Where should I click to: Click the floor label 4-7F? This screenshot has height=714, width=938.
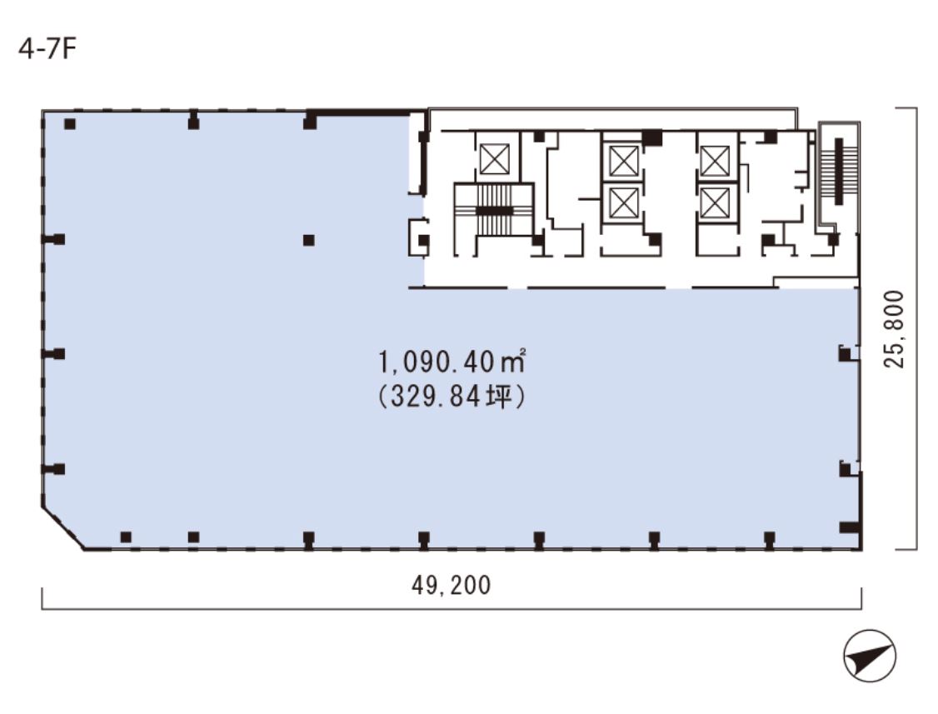pos(47,49)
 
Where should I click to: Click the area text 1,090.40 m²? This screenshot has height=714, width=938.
pos(452,362)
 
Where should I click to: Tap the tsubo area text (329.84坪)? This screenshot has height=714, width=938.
pos(452,397)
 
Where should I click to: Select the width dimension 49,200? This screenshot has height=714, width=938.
pos(451,585)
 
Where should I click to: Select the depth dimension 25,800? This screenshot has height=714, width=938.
pos(895,328)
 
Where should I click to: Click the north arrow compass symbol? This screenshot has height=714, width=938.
pos(869,656)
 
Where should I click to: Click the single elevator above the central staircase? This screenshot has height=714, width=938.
pos(495,159)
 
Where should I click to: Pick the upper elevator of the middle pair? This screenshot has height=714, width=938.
pos(622,161)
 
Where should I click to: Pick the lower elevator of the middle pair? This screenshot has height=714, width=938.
pos(622,203)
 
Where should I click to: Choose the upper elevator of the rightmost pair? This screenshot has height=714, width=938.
pos(715,161)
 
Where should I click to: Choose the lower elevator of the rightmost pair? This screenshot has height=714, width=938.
pos(715,203)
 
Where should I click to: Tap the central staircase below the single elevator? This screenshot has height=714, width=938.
pos(494,211)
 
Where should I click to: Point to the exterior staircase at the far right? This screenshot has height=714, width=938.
pos(839,172)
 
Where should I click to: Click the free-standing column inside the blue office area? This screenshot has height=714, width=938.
pos(309,240)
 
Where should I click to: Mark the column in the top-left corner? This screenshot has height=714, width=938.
pos(70,124)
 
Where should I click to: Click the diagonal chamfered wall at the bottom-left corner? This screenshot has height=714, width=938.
pos(62,529)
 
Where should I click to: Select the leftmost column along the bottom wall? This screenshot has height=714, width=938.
pos(126,537)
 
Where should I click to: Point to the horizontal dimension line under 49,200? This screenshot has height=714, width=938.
pos(451,609)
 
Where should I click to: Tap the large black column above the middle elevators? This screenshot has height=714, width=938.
pos(652,137)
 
